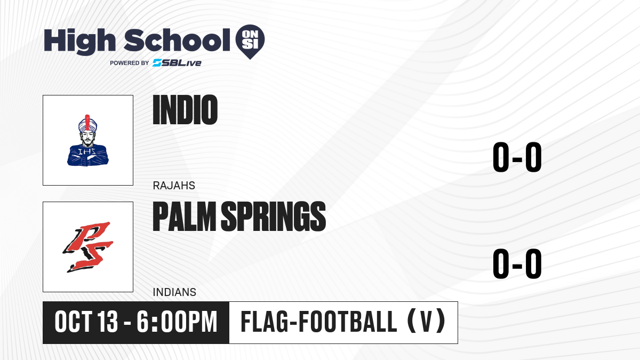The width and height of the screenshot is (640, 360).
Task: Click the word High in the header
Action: point(79,42)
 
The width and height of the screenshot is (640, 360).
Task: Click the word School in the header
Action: point(177,40)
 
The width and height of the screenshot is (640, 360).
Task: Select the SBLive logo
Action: point(177,63)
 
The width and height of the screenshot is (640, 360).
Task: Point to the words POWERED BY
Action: point(130,63)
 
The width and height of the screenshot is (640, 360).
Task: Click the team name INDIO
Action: point(185,110)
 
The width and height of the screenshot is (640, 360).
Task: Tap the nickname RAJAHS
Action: point(174,186)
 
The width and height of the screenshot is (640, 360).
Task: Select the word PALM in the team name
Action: point(185,217)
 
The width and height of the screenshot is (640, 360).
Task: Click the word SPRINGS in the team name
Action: point(274,217)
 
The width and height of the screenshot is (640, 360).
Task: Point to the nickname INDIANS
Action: point(174,292)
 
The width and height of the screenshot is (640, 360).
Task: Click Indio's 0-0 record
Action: point(517,157)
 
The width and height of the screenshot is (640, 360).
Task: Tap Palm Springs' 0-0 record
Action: point(517,263)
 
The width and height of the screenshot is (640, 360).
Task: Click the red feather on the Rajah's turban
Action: point(87,122)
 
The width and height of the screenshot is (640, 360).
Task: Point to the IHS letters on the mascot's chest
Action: point(87,151)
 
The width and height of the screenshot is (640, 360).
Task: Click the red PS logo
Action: point(88,247)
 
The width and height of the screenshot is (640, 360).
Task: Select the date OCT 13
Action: point(86,322)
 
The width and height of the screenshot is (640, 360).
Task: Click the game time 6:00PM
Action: point(177,322)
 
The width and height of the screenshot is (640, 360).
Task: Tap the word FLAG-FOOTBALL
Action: point(319,322)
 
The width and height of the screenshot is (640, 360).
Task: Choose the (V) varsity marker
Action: point(426,322)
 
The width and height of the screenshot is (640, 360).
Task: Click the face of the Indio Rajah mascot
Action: point(87,138)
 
